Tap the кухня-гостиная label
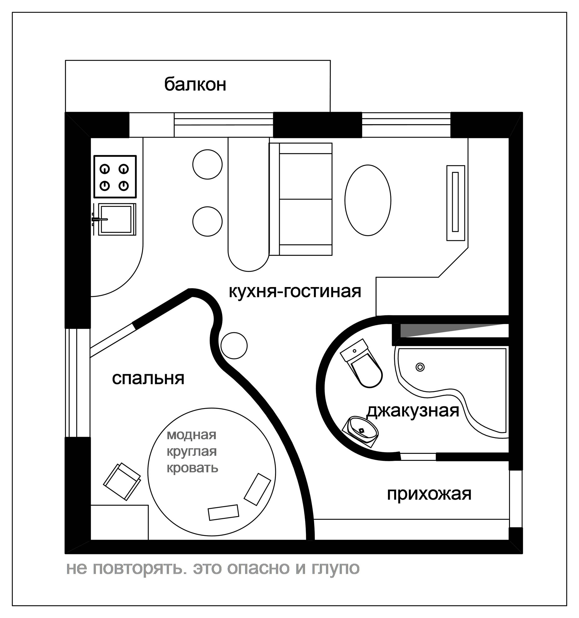[x=295, y=292]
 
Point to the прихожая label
[x=429, y=494]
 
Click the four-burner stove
[x=115, y=176]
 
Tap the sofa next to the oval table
[x=301, y=199]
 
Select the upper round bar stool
[x=207, y=164]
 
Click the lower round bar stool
[x=207, y=221]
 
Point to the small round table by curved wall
[x=234, y=346]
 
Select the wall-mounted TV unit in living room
[x=455, y=203]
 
